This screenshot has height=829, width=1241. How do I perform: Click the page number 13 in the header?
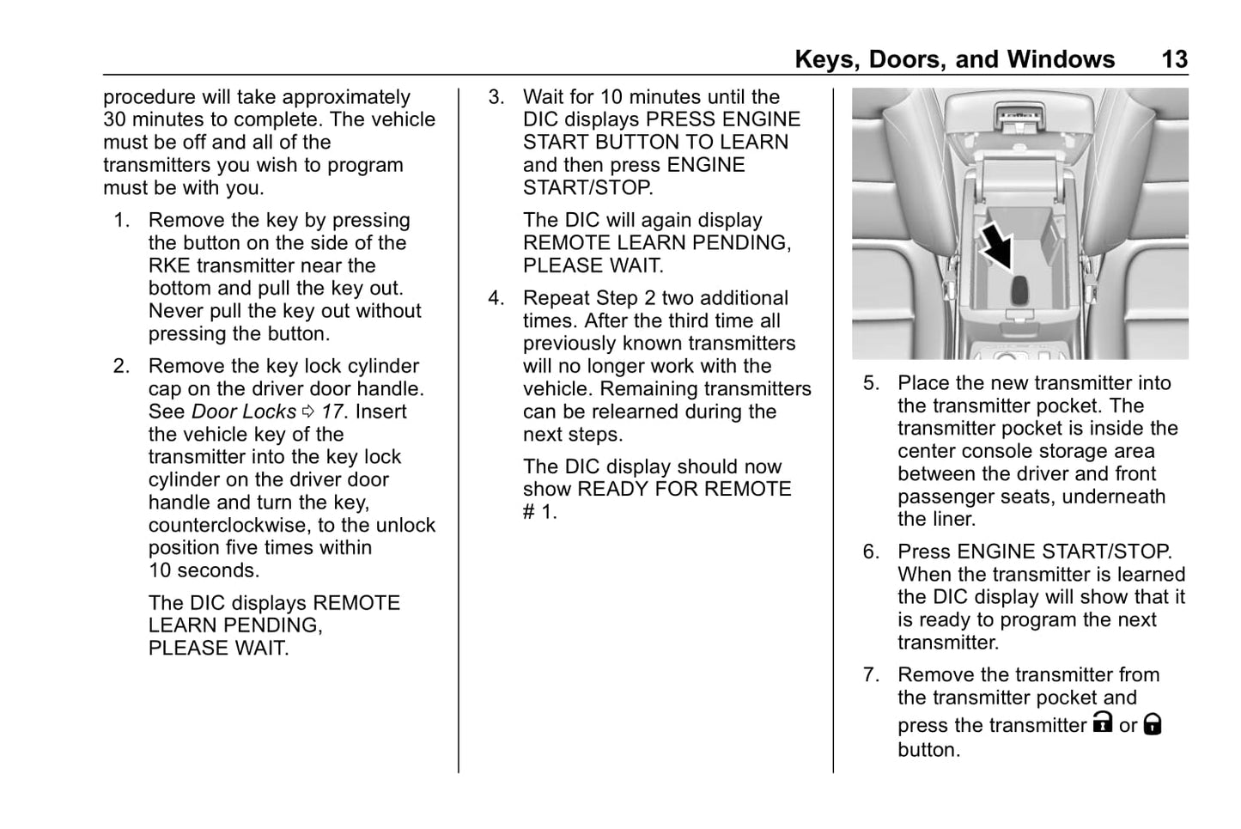pyautogui.click(x=1174, y=59)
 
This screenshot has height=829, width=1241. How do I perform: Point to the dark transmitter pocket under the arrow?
pyautogui.click(x=1019, y=290)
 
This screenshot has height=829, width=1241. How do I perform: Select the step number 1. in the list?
pyautogui.click(x=122, y=221)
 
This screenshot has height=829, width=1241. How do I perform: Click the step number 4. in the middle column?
pyautogui.click(x=496, y=298)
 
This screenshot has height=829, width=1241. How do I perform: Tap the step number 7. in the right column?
pyautogui.click(x=872, y=675)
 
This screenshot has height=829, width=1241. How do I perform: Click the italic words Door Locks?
pyautogui.click(x=244, y=412)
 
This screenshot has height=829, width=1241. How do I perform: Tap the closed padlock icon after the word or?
pyautogui.click(x=1153, y=724)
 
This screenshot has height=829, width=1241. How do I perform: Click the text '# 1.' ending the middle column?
pyautogui.click(x=539, y=512)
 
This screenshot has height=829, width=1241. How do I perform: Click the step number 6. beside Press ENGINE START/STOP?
pyautogui.click(x=872, y=552)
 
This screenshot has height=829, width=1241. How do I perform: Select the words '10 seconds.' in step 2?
pyautogui.click(x=204, y=570)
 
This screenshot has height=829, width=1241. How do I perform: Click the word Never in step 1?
pyautogui.click(x=177, y=311)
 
